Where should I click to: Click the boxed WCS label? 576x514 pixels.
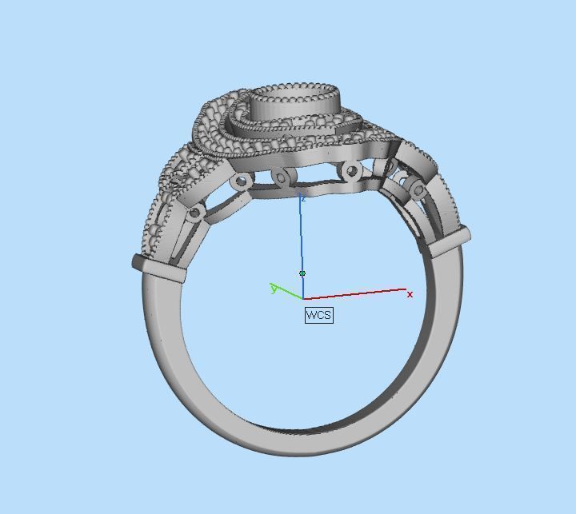click(318, 315)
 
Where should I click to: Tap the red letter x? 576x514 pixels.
click(410, 295)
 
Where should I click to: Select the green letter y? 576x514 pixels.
click(274, 289)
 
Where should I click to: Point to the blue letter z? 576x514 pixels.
click(302, 197)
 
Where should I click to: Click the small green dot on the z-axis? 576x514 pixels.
click(302, 273)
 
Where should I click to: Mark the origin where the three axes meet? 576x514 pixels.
click(302, 299)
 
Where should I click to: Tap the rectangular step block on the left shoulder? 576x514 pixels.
click(159, 268)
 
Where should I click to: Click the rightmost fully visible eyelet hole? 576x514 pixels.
click(417, 189)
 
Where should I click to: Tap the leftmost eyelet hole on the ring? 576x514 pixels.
click(194, 213)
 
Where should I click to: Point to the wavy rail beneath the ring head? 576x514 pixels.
click(320, 189)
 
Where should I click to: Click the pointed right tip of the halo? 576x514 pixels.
click(394, 141)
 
